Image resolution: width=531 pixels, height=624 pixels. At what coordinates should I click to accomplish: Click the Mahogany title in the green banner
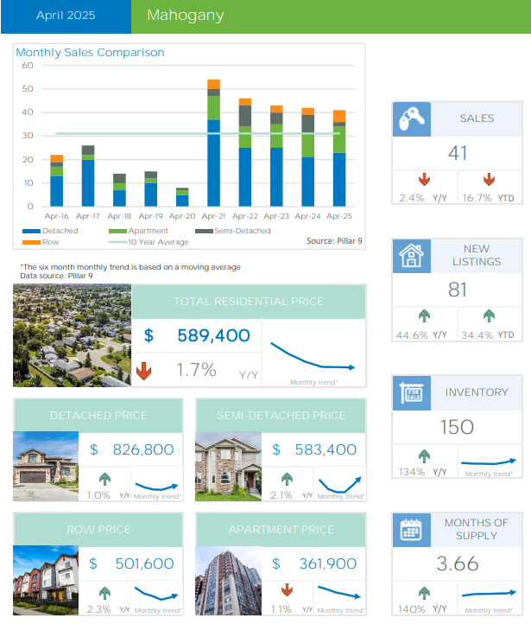pos(185,16)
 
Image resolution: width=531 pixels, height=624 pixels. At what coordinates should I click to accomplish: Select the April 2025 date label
pos(66,16)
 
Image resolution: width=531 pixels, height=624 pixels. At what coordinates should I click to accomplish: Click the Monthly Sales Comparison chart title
pos(90,53)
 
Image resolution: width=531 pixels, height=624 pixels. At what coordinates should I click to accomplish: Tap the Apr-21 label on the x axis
pos(213,215)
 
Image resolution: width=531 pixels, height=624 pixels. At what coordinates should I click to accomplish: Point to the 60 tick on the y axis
pos(27,66)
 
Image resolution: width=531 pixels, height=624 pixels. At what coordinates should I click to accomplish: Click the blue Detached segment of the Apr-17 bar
pos(88,182)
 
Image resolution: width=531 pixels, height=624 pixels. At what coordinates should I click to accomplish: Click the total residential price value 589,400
pos(214,336)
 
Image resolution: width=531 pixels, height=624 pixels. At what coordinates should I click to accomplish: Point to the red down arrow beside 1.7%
pos(144,372)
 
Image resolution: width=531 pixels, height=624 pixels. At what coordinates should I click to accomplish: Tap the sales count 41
pos(458,153)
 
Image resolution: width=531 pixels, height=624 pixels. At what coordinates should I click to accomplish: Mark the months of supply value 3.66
pos(457,564)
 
